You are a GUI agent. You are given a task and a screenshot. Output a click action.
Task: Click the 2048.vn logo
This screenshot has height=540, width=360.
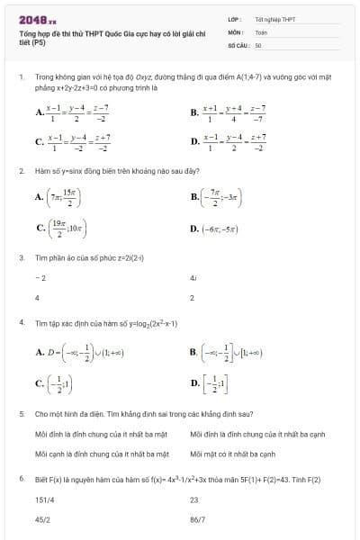pyautogui.click(x=37, y=17)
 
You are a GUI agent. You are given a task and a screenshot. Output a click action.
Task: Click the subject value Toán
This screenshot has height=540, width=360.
pyautogui.click(x=261, y=31)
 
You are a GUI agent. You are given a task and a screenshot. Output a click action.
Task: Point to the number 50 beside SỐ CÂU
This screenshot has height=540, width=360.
pyautogui.click(x=258, y=43)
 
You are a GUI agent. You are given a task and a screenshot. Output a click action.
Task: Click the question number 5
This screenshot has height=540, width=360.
pyautogui.click(x=21, y=414)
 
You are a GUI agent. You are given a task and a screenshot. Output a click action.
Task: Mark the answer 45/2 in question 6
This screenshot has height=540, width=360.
pyautogui.click(x=41, y=519)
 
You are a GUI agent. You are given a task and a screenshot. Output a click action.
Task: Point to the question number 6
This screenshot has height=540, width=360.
pyautogui.click(x=21, y=478)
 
